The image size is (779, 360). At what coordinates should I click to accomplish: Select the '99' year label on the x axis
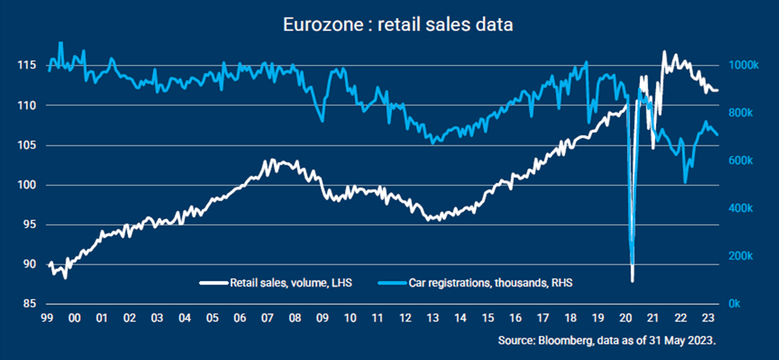click(47, 318)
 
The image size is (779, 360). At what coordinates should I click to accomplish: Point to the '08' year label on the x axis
click(295, 318)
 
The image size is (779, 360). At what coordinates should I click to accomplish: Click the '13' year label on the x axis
click(433, 318)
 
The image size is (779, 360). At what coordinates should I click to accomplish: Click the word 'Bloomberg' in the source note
click(564, 340)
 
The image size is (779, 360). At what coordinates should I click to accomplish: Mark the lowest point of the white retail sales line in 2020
click(633, 280)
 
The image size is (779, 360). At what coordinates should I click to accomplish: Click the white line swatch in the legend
click(213, 283)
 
